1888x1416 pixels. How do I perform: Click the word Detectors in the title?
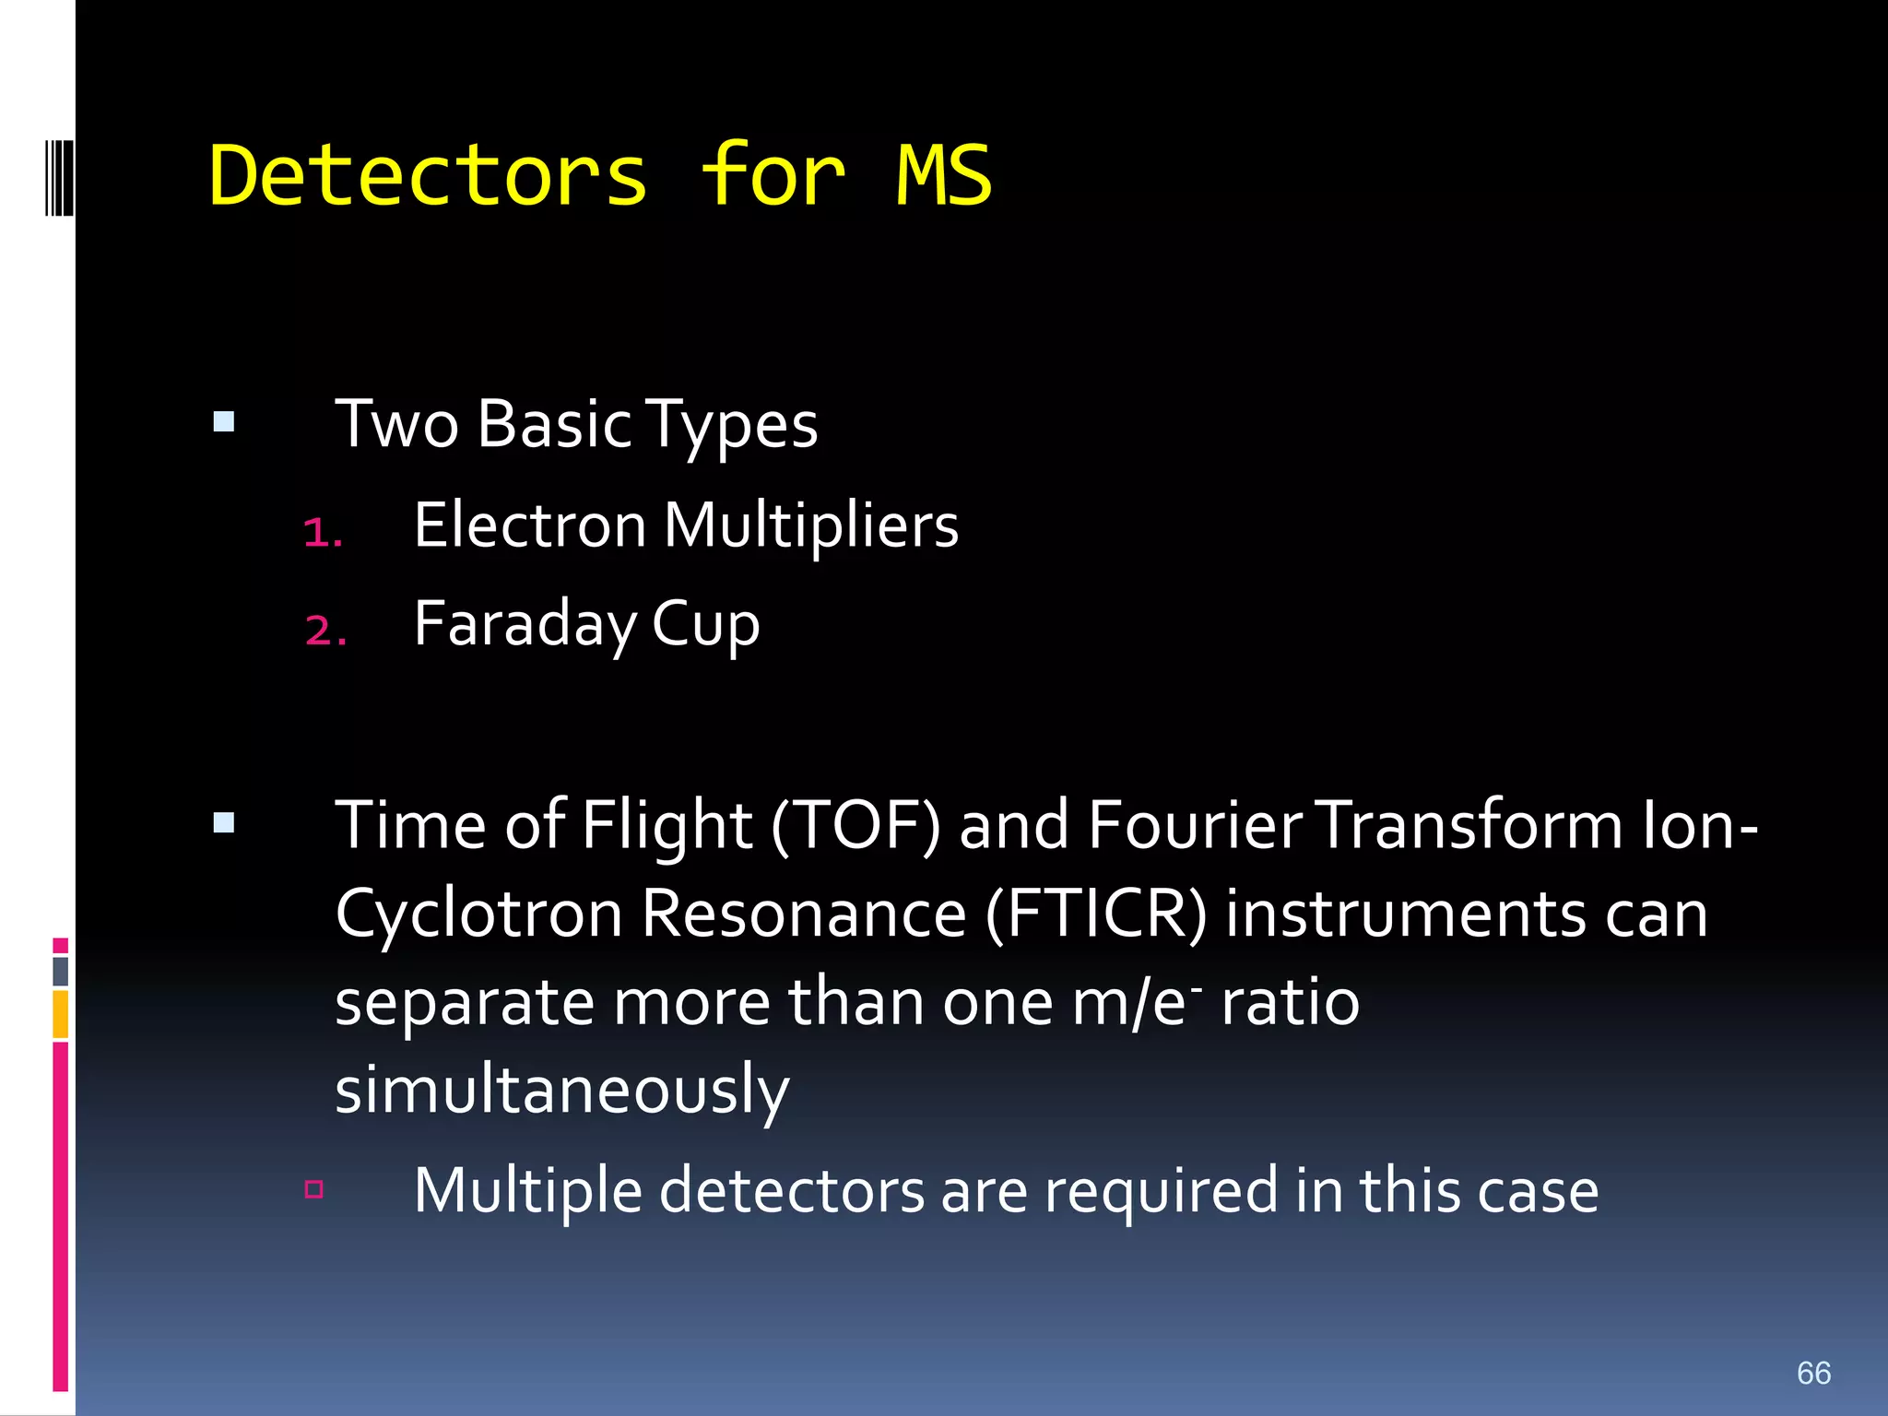tap(429, 175)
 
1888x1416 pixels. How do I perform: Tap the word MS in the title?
tap(943, 175)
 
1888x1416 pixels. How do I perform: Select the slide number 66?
tap(1813, 1373)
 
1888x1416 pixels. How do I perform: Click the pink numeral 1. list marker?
tap(323, 533)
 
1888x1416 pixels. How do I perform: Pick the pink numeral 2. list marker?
tap(325, 631)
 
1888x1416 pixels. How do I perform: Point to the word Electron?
tap(530, 525)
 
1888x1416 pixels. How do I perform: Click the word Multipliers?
tap(811, 525)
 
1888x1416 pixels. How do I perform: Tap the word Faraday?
tap(525, 625)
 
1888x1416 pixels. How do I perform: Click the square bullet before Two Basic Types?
tap(223, 422)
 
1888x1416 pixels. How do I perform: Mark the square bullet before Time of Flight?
tap(223, 822)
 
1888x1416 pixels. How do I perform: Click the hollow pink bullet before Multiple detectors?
tap(314, 1189)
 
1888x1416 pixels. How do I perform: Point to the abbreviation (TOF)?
tap(855, 825)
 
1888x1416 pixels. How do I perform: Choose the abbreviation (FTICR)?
tap(1095, 914)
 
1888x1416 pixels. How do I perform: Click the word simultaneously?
tap(562, 1091)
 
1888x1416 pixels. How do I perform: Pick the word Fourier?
tap(1195, 825)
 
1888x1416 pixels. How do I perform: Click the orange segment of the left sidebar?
tap(61, 1014)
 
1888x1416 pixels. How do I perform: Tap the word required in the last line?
tap(1162, 1191)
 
